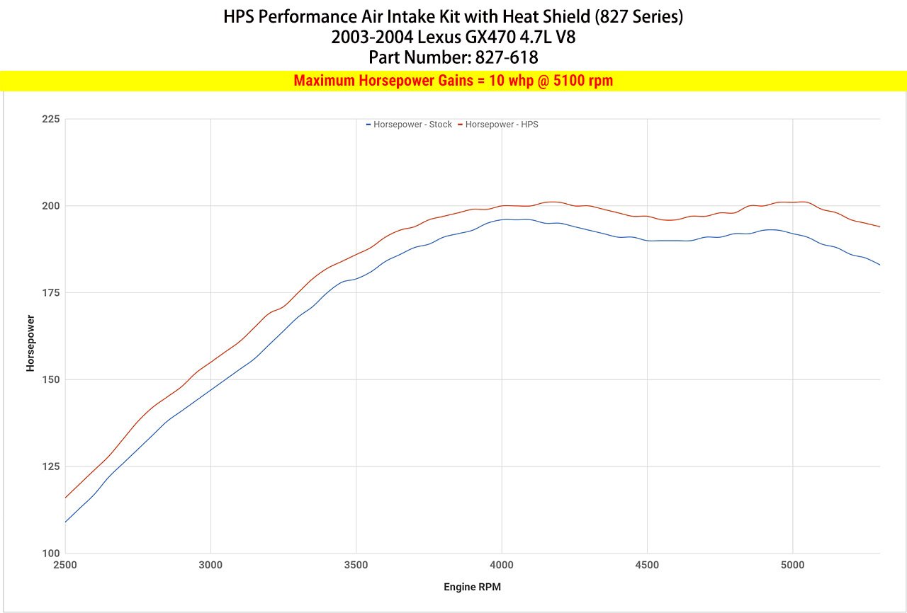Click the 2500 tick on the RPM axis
pos(65,565)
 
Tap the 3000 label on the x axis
pos(210,565)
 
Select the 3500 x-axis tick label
pos(356,565)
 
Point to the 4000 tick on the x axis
pos(502,565)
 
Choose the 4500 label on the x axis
pos(647,565)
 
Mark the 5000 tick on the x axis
pos(792,565)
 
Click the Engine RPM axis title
pos(473,587)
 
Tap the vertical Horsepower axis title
pos(30,343)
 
